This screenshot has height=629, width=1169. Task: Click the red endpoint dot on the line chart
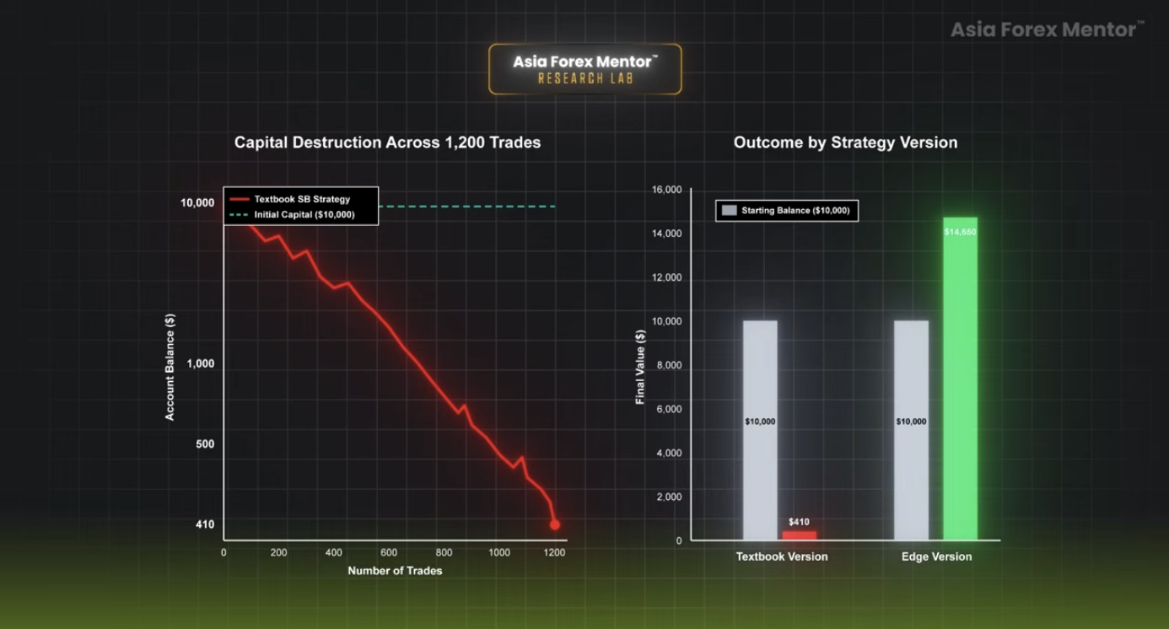[x=555, y=524]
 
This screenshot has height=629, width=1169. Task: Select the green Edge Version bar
[x=960, y=379]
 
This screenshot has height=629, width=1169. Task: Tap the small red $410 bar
[x=799, y=535]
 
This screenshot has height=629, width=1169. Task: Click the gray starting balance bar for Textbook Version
[x=761, y=430]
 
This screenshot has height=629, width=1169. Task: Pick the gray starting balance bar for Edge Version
[x=911, y=430]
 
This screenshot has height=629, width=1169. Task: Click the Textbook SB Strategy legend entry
[x=290, y=199]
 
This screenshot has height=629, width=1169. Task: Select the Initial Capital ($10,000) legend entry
[x=292, y=214]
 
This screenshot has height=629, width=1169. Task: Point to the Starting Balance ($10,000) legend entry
[x=786, y=211]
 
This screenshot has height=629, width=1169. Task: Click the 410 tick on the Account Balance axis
[x=205, y=524]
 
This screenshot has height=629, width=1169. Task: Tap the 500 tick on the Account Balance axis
[x=205, y=444]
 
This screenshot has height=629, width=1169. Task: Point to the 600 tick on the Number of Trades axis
[x=389, y=552]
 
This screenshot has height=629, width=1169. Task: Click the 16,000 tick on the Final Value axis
[x=666, y=190]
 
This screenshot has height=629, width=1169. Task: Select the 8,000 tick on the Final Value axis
[x=669, y=365]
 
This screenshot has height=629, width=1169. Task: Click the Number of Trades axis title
[x=395, y=571]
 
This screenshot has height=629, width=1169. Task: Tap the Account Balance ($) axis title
[x=170, y=367]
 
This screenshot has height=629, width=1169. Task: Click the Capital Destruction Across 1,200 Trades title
[x=387, y=142]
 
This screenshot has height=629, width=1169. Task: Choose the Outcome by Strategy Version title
[x=845, y=142]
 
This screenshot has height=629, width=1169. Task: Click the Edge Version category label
[x=937, y=556]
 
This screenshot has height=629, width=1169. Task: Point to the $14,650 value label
[x=960, y=232]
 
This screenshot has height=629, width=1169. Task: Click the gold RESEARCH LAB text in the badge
[x=585, y=78]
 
